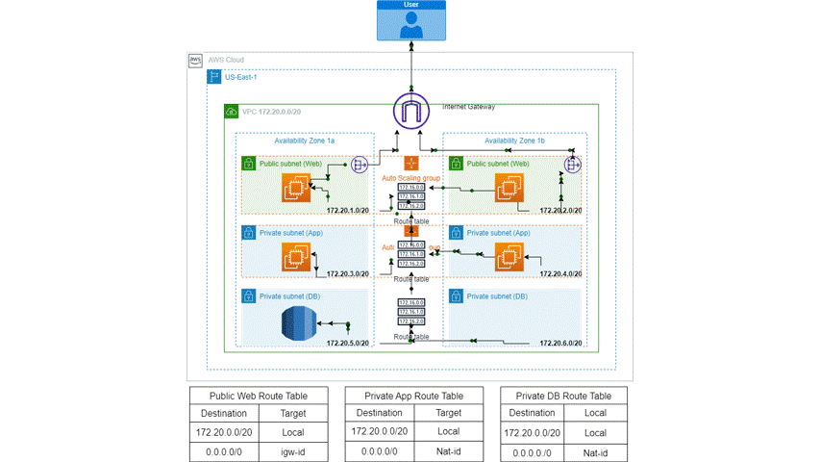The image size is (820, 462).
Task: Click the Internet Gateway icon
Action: (411, 113)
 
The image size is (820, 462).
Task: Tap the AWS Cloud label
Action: (227, 60)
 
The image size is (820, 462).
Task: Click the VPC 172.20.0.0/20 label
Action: (272, 113)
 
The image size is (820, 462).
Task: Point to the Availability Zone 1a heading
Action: (304, 141)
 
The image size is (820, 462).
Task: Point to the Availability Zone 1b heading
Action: (514, 141)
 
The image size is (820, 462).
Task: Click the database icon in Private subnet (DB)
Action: (299, 324)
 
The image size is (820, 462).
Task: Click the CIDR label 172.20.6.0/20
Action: (561, 343)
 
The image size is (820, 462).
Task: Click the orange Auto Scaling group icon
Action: (411, 165)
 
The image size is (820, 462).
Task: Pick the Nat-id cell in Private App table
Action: (449, 451)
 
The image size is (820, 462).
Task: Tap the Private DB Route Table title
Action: (563, 396)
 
